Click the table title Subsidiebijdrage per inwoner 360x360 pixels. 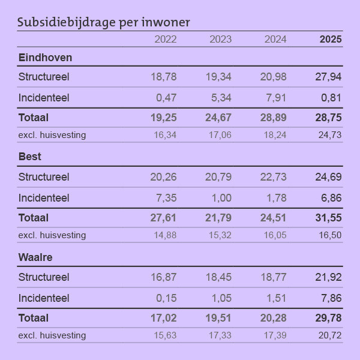click(x=103, y=23)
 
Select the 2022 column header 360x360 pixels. click(x=166, y=40)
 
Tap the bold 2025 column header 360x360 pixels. click(x=331, y=40)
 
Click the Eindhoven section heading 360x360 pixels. click(x=46, y=58)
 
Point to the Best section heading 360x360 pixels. click(x=30, y=157)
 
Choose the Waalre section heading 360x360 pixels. click(x=35, y=257)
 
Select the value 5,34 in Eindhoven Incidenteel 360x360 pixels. click(x=220, y=97)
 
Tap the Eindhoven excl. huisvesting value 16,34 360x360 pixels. click(x=165, y=135)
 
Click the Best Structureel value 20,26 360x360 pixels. click(x=163, y=177)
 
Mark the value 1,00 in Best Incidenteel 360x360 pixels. click(x=220, y=197)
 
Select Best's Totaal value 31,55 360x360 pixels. click(x=328, y=218)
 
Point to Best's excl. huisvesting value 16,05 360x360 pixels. click(x=275, y=235)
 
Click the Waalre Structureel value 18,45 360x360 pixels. click(x=218, y=277)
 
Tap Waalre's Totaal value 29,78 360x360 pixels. click(x=328, y=318)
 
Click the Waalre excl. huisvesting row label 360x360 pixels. click(x=52, y=335)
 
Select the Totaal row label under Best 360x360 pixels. click(x=34, y=218)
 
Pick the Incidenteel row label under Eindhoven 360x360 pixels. click(x=44, y=97)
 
